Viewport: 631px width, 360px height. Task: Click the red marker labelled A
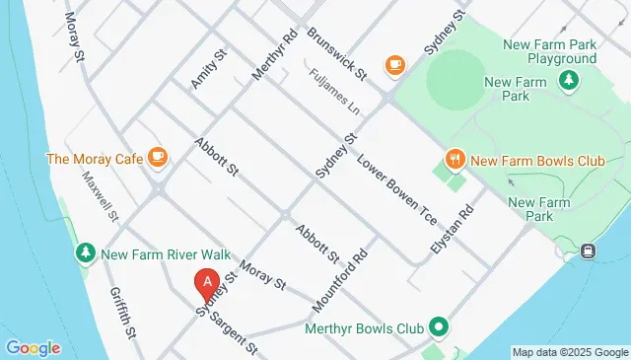coord(207,284)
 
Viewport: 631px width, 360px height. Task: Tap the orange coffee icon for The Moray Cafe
coord(157,157)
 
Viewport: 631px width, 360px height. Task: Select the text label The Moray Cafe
coord(92,158)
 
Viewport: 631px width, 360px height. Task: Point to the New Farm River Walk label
coord(153,253)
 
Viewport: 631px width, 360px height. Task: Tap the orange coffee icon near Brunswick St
coord(395,65)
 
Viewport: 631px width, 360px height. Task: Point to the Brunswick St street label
coord(337,54)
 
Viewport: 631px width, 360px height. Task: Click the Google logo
coord(33,348)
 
